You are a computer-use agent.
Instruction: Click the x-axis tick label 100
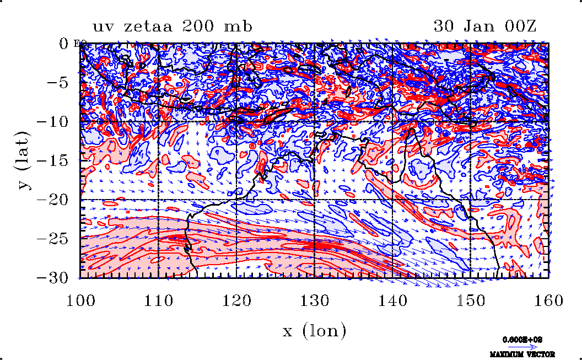coord(80,300)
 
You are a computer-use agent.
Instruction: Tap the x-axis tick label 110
coord(158,300)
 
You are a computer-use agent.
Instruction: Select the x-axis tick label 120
coord(236,300)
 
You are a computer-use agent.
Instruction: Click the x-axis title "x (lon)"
coord(314,331)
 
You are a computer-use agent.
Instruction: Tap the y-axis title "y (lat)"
coord(24,160)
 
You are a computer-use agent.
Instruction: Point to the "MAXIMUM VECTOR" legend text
coord(522,354)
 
